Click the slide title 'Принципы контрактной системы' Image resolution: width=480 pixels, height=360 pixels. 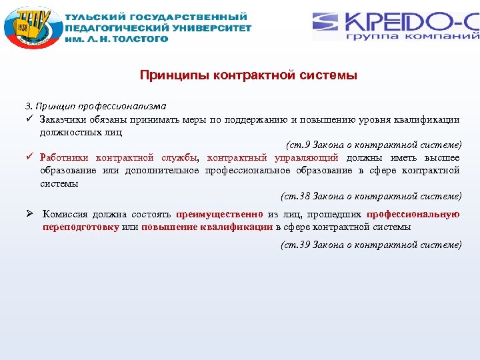click(x=248, y=75)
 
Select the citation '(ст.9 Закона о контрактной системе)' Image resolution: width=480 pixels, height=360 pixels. click(x=373, y=145)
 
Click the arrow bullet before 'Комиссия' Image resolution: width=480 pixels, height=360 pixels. click(x=30, y=215)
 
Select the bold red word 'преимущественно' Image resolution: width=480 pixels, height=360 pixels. click(x=219, y=215)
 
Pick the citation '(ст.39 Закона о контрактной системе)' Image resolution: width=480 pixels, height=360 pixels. click(x=371, y=245)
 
